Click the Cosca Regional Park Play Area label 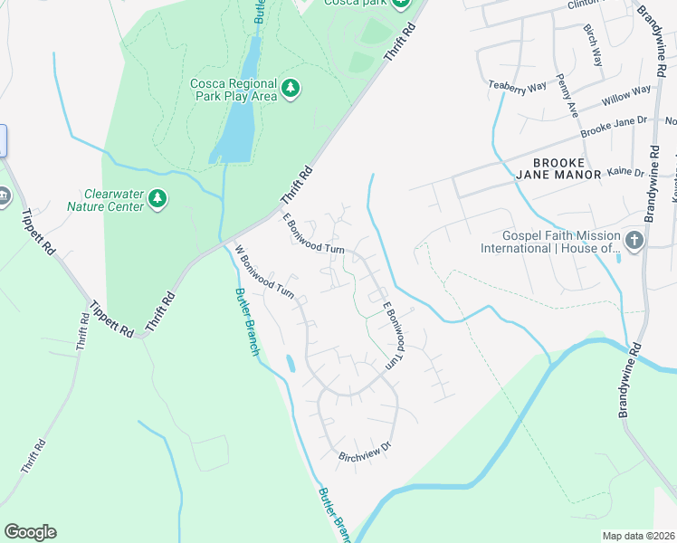tap(233, 90)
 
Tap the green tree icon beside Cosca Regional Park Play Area tap(291, 88)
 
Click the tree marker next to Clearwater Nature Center tap(157, 198)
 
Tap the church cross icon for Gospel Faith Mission tap(634, 241)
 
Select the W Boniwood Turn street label tap(264, 272)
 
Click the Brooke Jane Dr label tap(615, 126)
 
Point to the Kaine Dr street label tap(625, 172)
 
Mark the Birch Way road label tap(593, 45)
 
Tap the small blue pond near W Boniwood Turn tap(290, 364)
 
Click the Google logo tap(31, 532)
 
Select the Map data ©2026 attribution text tap(637, 536)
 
